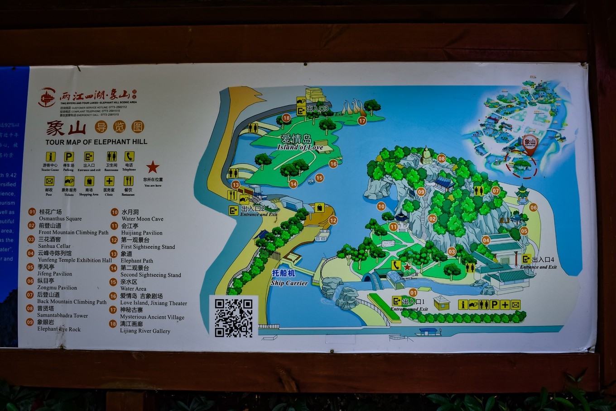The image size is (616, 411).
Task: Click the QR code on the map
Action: [x=233, y=317]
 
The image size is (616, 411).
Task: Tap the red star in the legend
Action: [x=153, y=167]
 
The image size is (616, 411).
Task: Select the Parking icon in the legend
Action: [x=68, y=157]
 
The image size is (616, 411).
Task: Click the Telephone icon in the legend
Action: [x=129, y=156]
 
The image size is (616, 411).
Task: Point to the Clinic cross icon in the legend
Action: [x=109, y=181]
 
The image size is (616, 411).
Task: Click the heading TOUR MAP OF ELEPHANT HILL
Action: [x=96, y=142]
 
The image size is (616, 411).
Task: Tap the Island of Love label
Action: [x=300, y=147]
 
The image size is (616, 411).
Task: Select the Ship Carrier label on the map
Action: [x=289, y=283]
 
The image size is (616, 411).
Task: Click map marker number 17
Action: [x=362, y=121]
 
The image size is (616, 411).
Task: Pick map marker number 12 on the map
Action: [x=333, y=221]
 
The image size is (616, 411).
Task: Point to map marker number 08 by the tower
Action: [x=441, y=159]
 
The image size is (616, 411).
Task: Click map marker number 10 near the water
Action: [x=381, y=206]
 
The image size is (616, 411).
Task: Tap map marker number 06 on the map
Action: [x=533, y=208]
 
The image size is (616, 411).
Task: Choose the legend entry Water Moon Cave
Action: [x=142, y=219]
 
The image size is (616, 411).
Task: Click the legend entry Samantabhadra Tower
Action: [x=63, y=316]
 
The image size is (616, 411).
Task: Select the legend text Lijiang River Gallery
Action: [x=145, y=331]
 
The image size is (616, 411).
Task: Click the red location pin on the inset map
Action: [x=529, y=144]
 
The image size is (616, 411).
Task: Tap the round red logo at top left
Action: [x=47, y=97]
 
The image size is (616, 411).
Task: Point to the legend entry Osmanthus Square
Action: [x=60, y=219]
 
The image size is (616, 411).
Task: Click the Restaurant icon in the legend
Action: [x=128, y=181]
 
